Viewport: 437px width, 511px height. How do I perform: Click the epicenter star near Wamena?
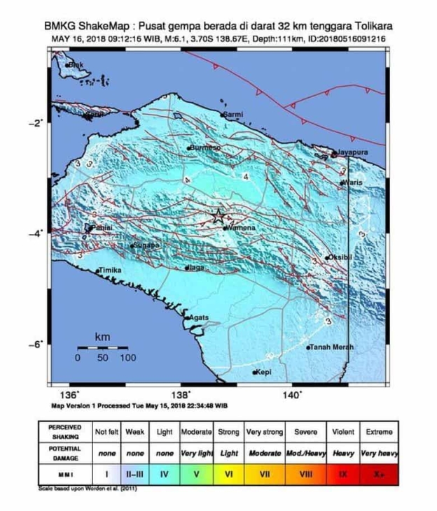(x=218, y=215)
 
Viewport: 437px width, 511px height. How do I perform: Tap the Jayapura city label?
(x=353, y=151)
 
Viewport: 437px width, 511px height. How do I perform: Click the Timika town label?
(x=110, y=270)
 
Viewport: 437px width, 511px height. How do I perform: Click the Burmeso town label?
(x=205, y=147)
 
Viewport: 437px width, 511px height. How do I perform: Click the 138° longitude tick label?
(x=181, y=395)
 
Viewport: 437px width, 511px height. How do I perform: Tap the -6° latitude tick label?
(x=36, y=343)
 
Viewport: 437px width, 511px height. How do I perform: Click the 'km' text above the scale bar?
(x=102, y=337)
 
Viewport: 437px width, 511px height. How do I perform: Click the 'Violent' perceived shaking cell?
(x=343, y=432)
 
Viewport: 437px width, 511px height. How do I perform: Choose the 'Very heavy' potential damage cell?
(x=379, y=453)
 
